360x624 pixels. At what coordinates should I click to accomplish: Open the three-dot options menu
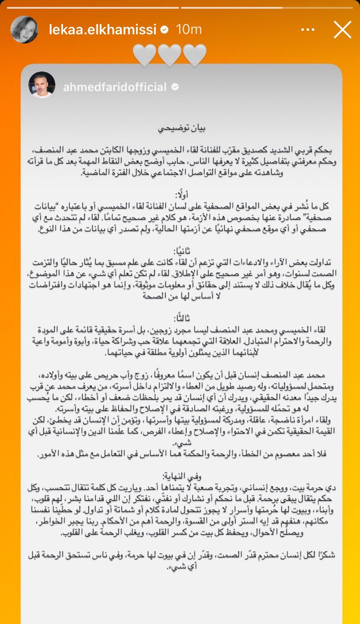click(x=307, y=30)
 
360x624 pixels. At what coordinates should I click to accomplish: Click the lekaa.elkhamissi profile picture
click(x=24, y=30)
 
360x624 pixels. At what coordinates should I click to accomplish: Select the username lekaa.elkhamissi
click(x=103, y=30)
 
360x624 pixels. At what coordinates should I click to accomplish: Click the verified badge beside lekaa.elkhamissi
click(x=165, y=30)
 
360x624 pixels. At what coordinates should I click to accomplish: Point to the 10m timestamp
click(x=189, y=30)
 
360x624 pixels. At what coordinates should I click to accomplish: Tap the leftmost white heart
click(x=144, y=55)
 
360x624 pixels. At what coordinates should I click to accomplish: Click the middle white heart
click(x=170, y=55)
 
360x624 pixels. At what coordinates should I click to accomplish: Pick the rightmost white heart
click(x=195, y=55)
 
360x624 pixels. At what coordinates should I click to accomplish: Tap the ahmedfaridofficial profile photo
click(x=42, y=85)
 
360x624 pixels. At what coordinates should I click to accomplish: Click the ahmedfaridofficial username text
click(x=115, y=87)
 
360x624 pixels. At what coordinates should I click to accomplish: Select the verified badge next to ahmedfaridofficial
click(x=175, y=87)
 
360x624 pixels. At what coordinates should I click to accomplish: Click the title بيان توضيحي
click(x=180, y=129)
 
